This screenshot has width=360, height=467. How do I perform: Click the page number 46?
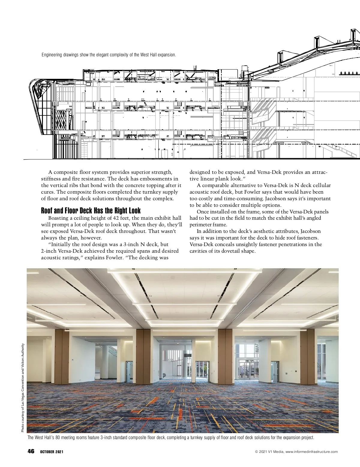31,451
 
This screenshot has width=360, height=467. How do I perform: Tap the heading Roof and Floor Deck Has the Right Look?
91,210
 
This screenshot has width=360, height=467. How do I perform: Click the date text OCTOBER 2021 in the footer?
52,452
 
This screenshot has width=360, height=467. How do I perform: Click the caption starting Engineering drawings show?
109,55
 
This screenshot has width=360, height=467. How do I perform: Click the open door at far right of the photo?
274,371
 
